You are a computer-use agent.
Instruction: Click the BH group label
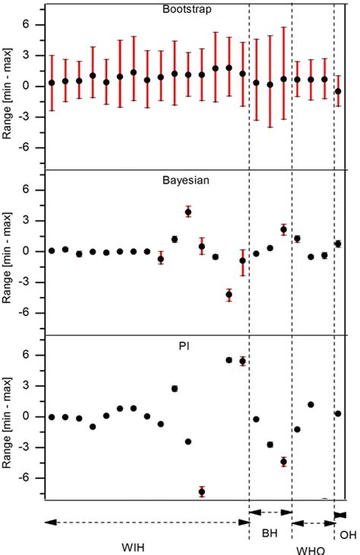(x=270, y=533)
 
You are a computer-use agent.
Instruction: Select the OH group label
(x=348, y=535)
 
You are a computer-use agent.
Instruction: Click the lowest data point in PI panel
(x=202, y=492)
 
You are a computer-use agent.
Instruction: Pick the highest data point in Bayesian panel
(x=188, y=212)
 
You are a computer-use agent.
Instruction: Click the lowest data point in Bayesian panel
(x=229, y=295)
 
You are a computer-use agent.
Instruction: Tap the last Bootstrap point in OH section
(x=338, y=91)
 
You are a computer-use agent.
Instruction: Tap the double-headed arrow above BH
(x=270, y=513)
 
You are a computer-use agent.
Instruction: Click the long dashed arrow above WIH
(x=147, y=522)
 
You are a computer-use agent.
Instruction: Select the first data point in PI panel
(x=52, y=417)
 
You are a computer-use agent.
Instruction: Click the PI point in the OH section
(x=338, y=414)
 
